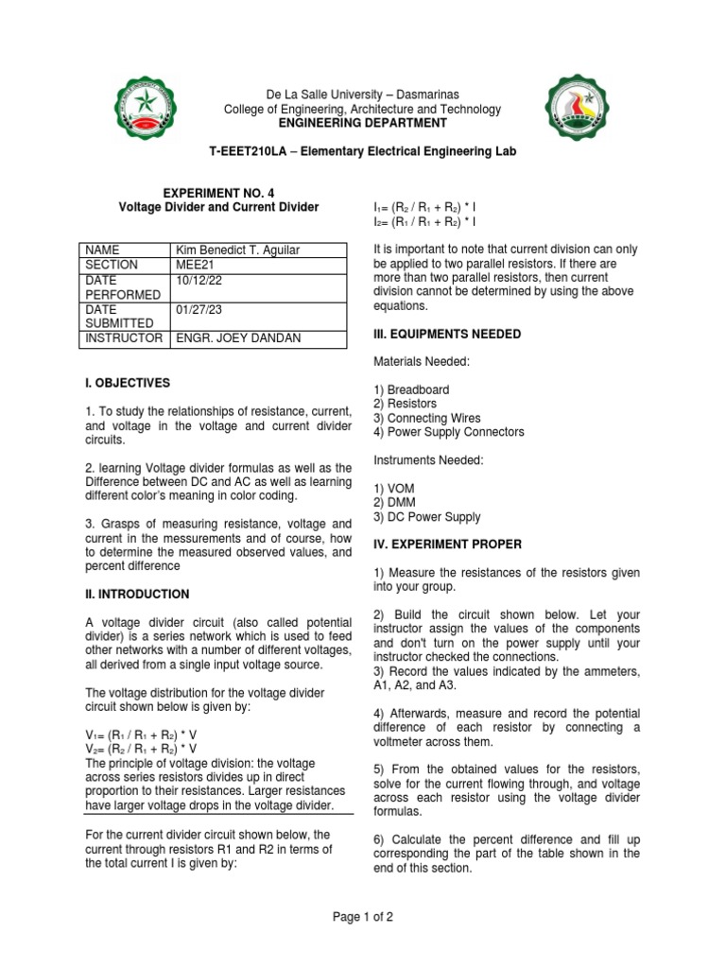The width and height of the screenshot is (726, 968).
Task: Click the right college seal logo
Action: click(583, 111)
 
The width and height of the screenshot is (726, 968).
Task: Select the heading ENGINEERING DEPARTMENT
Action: click(362, 123)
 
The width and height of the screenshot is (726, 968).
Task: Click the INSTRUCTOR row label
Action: click(123, 337)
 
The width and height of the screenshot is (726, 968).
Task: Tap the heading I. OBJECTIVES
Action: click(128, 383)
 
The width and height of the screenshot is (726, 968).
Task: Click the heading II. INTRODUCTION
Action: click(137, 595)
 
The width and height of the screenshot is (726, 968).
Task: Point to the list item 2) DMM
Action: click(395, 503)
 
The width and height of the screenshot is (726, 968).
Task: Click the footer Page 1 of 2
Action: click(362, 916)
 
